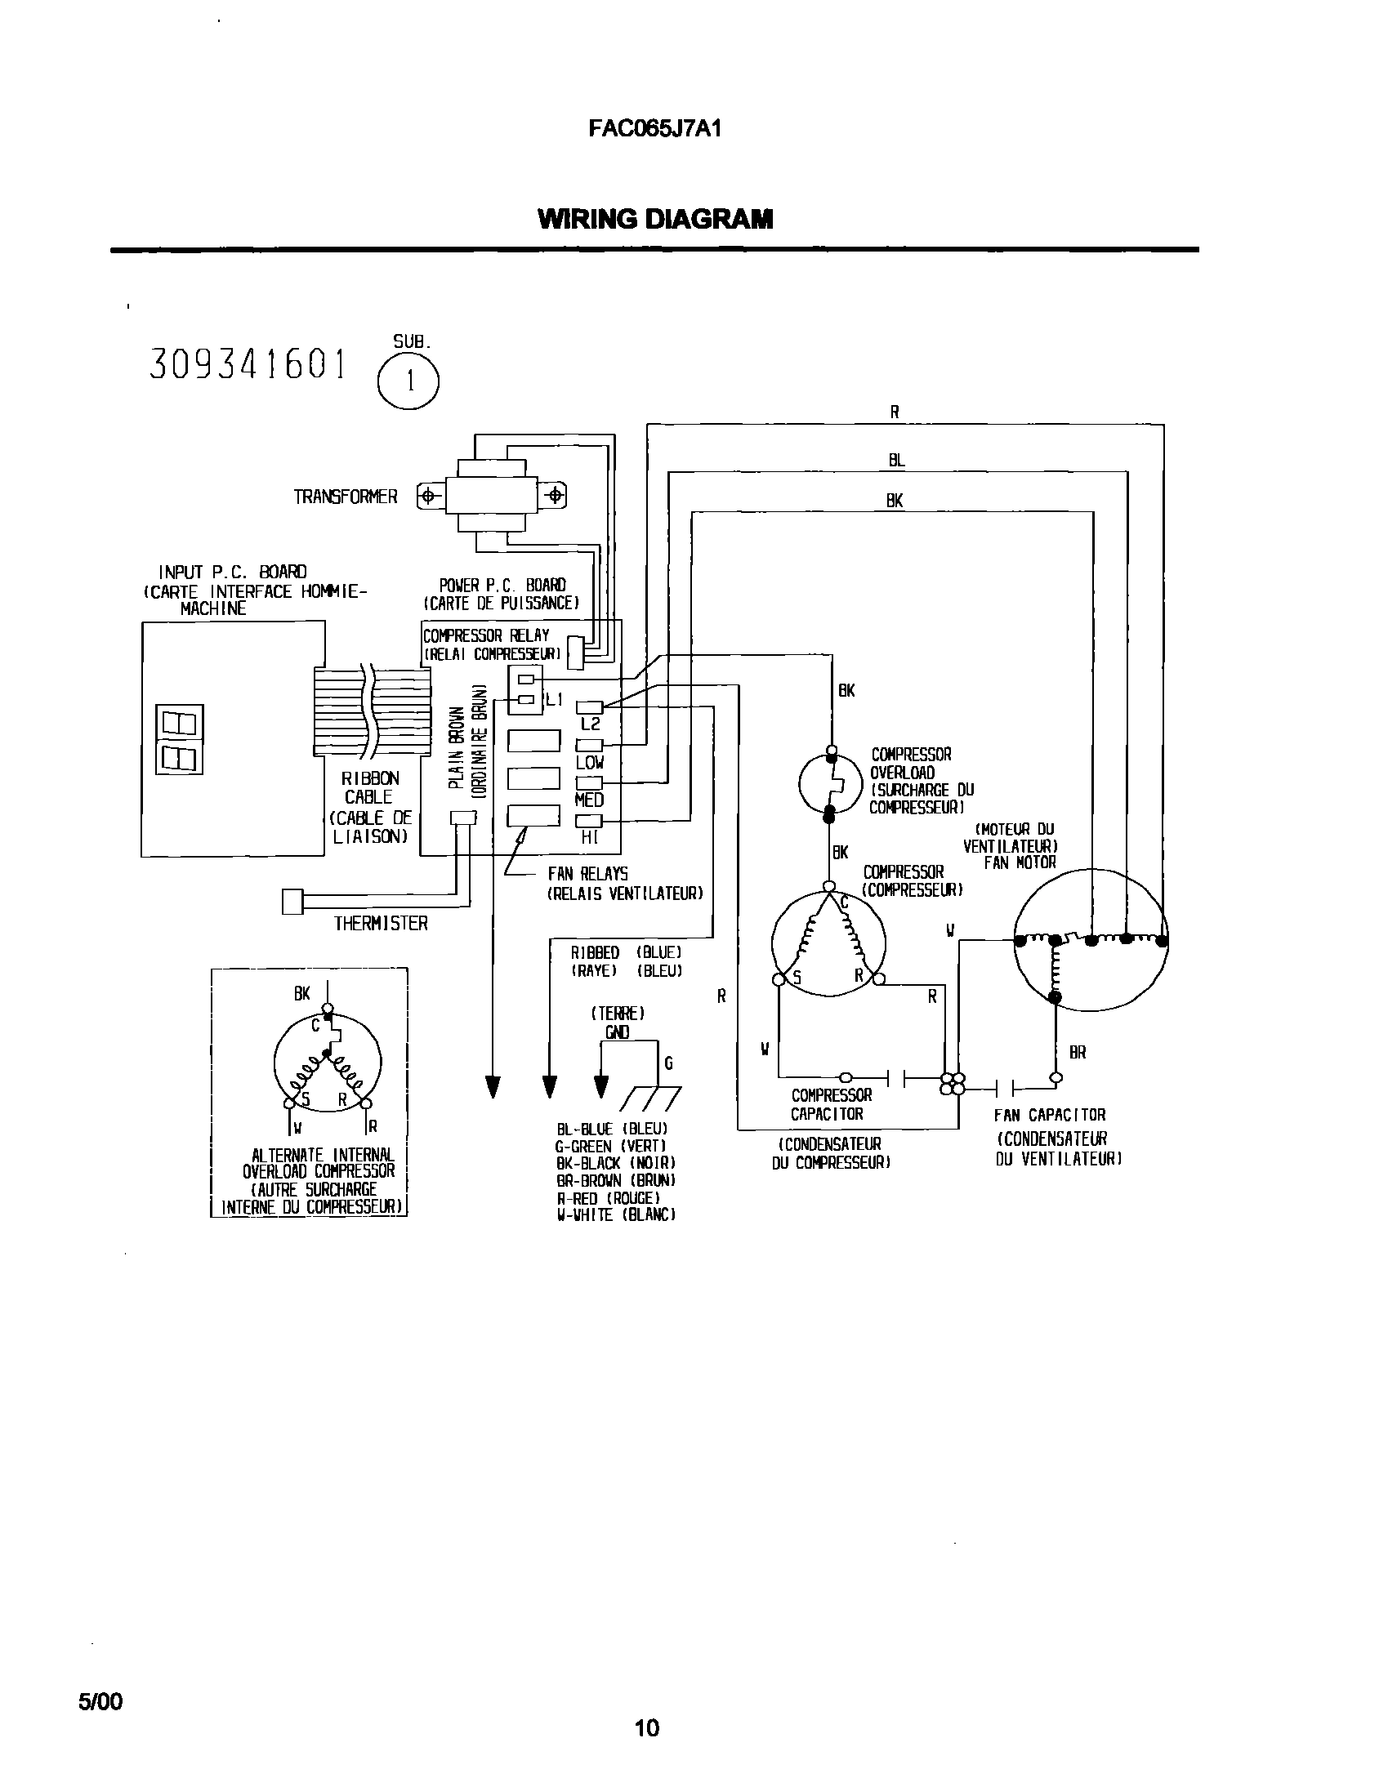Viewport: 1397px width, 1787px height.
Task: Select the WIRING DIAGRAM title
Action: [654, 219]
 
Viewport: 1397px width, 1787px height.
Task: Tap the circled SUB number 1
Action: [408, 381]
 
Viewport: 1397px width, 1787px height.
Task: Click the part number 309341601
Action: [248, 365]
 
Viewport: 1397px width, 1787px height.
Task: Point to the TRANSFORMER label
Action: [346, 497]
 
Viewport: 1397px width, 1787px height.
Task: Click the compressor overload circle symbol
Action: [830, 784]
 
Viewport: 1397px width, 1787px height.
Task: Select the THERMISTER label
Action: [381, 924]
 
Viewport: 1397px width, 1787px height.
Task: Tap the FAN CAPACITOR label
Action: [1049, 1114]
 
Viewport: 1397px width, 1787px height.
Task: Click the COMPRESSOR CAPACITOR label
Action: [831, 1104]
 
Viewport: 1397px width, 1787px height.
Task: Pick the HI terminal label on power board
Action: [589, 837]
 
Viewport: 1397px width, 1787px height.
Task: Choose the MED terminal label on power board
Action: [589, 800]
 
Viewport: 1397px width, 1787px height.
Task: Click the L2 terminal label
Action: [590, 724]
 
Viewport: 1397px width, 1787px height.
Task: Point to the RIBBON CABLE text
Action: [370, 787]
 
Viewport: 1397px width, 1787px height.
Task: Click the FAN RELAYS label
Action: [587, 874]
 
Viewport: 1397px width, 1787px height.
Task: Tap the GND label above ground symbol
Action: [617, 1032]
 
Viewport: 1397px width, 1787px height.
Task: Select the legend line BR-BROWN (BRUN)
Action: [614, 1181]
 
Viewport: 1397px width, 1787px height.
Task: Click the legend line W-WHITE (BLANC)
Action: [615, 1215]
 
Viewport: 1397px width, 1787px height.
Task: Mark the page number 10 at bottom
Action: [646, 1728]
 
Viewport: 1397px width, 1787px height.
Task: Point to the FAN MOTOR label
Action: [1020, 862]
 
